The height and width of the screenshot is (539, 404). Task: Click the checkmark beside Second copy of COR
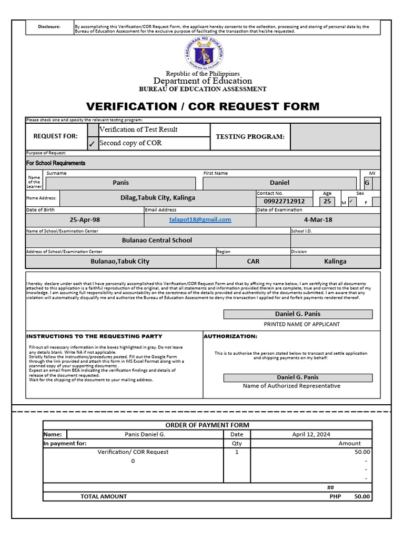(92, 144)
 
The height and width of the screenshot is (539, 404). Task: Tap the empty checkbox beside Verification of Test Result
(92, 129)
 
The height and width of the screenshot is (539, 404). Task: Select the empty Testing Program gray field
(335, 137)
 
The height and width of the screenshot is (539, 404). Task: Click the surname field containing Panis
(120, 183)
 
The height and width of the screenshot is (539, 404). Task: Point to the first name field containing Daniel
(279, 183)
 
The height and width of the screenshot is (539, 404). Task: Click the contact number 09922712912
(284, 201)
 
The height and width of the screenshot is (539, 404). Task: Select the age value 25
(327, 201)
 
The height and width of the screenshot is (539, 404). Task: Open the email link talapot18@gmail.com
(200, 219)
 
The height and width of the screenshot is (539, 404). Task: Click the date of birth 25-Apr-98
(85, 220)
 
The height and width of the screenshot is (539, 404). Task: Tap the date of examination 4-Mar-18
(318, 220)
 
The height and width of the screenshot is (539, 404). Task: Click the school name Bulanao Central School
(157, 240)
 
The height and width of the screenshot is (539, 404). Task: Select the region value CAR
(253, 261)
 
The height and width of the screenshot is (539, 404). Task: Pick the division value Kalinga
(335, 261)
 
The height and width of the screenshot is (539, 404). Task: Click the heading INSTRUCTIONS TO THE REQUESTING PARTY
(94, 336)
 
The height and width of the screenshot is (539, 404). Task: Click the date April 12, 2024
(311, 434)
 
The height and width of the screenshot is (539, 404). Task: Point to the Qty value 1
(237, 452)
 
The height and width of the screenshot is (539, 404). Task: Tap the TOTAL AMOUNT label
(104, 496)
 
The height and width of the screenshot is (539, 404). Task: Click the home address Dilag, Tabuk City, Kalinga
(157, 198)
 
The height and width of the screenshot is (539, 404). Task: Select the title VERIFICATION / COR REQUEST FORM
(203, 107)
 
